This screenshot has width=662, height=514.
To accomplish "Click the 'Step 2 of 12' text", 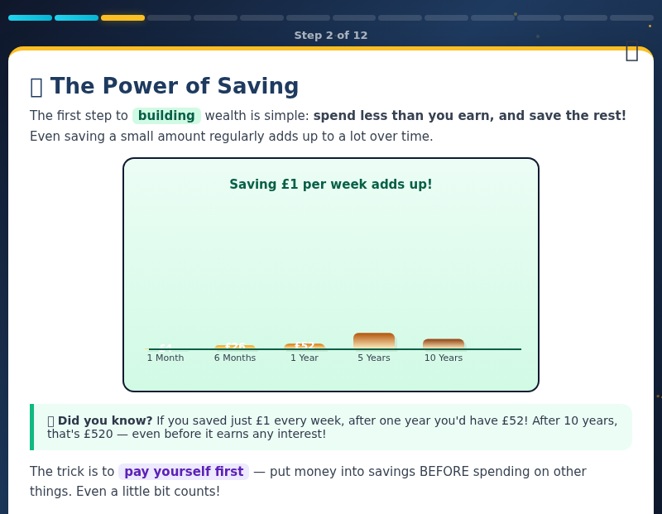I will [x=331, y=36].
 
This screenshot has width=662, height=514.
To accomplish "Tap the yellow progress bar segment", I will [x=122, y=17].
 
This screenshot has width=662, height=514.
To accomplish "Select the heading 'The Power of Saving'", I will [x=174, y=87].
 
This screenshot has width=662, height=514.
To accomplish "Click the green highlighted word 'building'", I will [x=166, y=116].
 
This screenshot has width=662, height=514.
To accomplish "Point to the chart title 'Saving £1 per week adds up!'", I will [x=331, y=185].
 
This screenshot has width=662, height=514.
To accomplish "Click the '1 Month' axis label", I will [x=165, y=358].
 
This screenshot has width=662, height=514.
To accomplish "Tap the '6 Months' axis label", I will [x=235, y=358].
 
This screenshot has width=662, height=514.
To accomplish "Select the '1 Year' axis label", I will [x=305, y=358].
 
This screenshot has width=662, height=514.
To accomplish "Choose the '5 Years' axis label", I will [x=374, y=358].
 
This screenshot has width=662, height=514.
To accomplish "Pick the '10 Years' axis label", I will [x=444, y=358].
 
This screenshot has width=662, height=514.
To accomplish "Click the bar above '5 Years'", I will [x=374, y=341].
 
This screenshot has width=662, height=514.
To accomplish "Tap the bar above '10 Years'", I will [x=444, y=343].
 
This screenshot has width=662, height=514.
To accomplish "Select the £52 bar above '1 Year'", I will [x=305, y=346].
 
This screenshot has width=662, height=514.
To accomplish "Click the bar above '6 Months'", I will [x=235, y=347].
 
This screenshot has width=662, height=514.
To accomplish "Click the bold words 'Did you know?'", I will [x=105, y=420].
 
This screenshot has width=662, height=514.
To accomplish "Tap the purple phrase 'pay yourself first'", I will [x=184, y=472].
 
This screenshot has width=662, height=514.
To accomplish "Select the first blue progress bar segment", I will [x=30, y=17].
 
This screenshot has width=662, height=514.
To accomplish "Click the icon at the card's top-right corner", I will [x=631, y=51].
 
